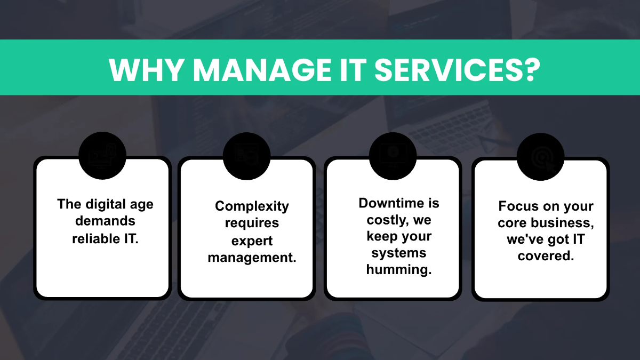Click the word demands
[x=105, y=221]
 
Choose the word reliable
[x=94, y=238]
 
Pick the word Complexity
[x=252, y=206]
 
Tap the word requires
[x=252, y=223]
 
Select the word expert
[x=252, y=241]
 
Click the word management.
[x=252, y=258]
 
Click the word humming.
[x=399, y=269]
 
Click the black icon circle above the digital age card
[x=102, y=156]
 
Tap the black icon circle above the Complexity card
[x=247, y=156]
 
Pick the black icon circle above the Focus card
[x=540, y=156]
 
